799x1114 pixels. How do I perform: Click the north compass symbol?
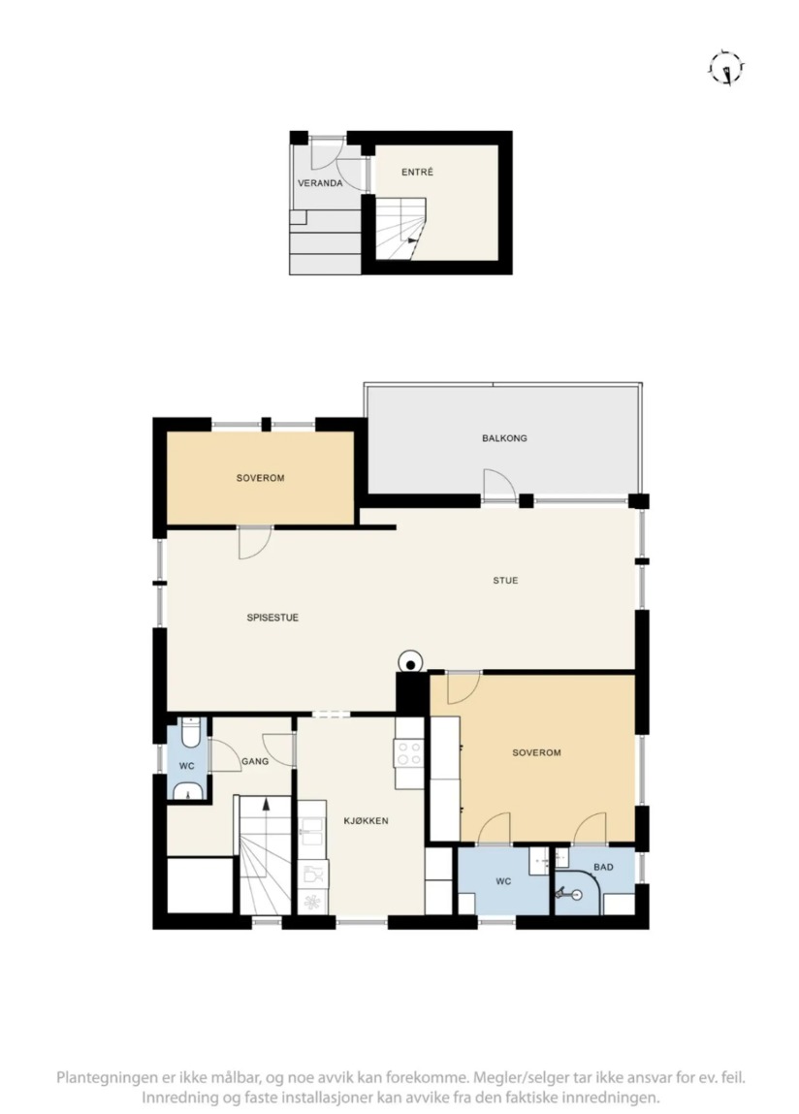[x=726, y=69]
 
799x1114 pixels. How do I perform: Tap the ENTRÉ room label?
[x=417, y=172]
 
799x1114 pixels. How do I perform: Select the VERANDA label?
[x=320, y=183]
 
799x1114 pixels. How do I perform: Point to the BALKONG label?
[x=504, y=438]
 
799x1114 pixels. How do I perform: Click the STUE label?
[x=505, y=581]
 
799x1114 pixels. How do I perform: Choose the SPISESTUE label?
[x=272, y=619]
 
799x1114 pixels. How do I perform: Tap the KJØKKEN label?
[x=367, y=820]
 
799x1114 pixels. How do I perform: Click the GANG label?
[x=255, y=762]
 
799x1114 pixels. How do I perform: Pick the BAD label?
[x=603, y=867]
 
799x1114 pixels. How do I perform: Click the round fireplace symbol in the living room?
[x=410, y=662]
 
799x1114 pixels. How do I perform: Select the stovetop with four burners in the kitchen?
[x=409, y=753]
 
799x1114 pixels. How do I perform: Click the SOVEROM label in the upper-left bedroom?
[x=260, y=478]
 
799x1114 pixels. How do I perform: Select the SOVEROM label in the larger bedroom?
[x=536, y=752]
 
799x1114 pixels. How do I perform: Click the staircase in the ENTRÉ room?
[x=400, y=228]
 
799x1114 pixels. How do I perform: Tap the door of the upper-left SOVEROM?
[x=254, y=542]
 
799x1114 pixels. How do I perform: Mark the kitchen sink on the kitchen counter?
[x=311, y=828]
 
